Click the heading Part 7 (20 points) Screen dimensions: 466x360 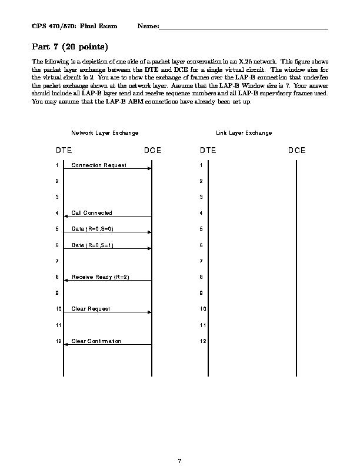click(70, 46)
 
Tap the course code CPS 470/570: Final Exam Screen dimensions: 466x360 click(74, 26)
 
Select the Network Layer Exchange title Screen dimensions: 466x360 click(105, 133)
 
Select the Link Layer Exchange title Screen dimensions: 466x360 click(244, 133)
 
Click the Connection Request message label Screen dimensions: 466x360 click(99, 165)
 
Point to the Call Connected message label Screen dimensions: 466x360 click(92, 213)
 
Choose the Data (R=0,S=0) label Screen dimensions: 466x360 click(92, 229)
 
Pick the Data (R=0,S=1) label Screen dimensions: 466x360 click(92, 245)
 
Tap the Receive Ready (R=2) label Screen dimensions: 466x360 click(100, 277)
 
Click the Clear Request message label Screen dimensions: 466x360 click(91, 309)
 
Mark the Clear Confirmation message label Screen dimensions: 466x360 click(96, 341)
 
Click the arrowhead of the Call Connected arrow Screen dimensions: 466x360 click(65, 217)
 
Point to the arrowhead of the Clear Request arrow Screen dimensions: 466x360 click(150, 312)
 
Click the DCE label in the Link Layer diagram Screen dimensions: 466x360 click(296, 151)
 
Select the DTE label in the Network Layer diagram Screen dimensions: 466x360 click(64, 151)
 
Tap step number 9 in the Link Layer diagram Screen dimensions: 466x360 click(201, 293)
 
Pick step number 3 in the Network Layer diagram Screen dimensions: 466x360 click(57, 197)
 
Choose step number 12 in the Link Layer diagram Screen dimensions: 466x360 click(203, 341)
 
